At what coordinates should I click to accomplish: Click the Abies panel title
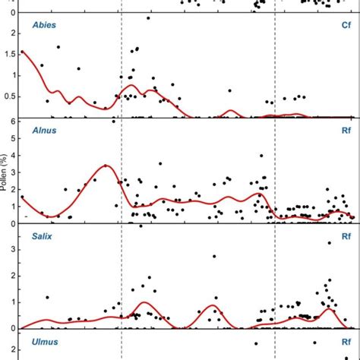point(44,25)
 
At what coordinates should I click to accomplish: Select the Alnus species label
point(44,131)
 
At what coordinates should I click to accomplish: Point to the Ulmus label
point(44,342)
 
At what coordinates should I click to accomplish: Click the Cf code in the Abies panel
point(346,25)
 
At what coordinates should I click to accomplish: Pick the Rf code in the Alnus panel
point(346,131)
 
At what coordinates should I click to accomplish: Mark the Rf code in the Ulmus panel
point(346,342)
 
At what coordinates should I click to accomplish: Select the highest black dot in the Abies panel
point(147,18)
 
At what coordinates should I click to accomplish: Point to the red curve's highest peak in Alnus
point(106,165)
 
